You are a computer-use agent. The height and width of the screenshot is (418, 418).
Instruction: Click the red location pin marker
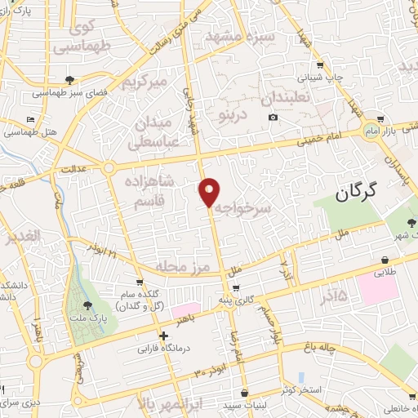pos(210,191)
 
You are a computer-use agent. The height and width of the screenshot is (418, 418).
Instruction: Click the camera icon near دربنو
pos(272,118)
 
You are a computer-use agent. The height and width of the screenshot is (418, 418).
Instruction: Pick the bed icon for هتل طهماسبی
pos(32,119)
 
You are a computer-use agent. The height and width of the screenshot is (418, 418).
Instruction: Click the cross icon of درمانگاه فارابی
pos(164,336)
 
